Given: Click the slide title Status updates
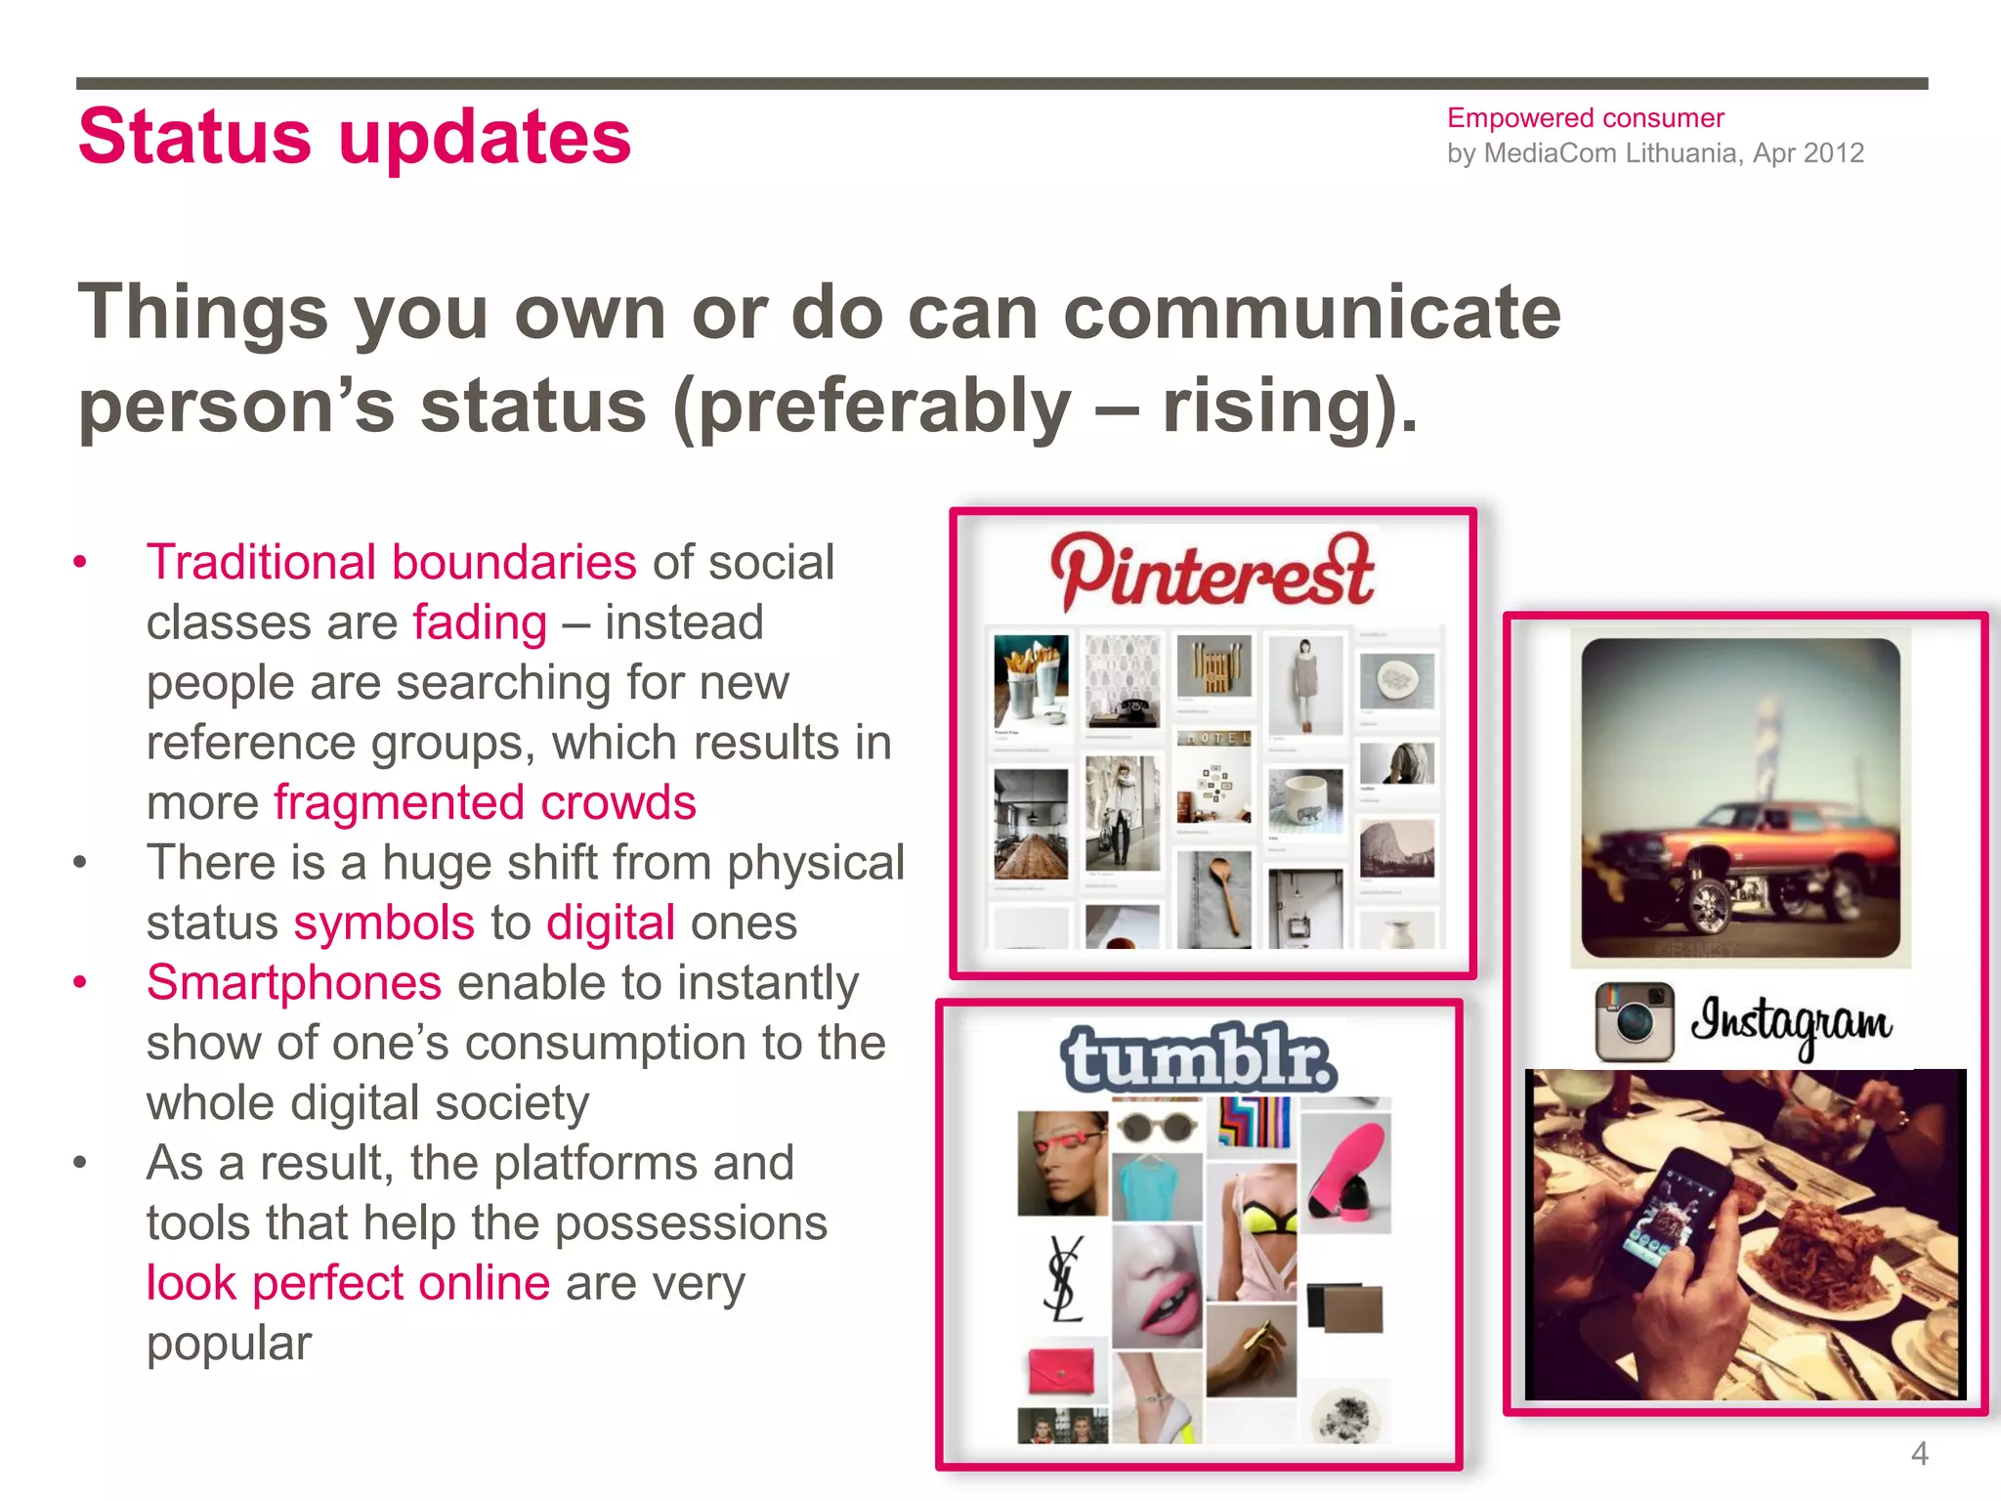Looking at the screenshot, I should [355, 137].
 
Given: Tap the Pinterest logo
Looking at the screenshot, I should [1212, 571].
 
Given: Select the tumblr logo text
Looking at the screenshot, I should [1199, 1058].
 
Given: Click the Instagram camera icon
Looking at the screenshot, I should [1634, 1022].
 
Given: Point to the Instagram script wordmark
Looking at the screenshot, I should [1791, 1022].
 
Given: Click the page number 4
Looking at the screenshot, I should [1919, 1454].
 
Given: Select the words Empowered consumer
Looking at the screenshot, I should [1585, 118].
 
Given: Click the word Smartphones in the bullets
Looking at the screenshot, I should [293, 982].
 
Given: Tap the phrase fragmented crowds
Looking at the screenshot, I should [484, 802].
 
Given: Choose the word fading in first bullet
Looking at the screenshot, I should [479, 622].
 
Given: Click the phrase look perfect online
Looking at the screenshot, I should [348, 1282].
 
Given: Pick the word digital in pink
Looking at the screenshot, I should [610, 922].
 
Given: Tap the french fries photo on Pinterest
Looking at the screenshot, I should [1030, 679].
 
